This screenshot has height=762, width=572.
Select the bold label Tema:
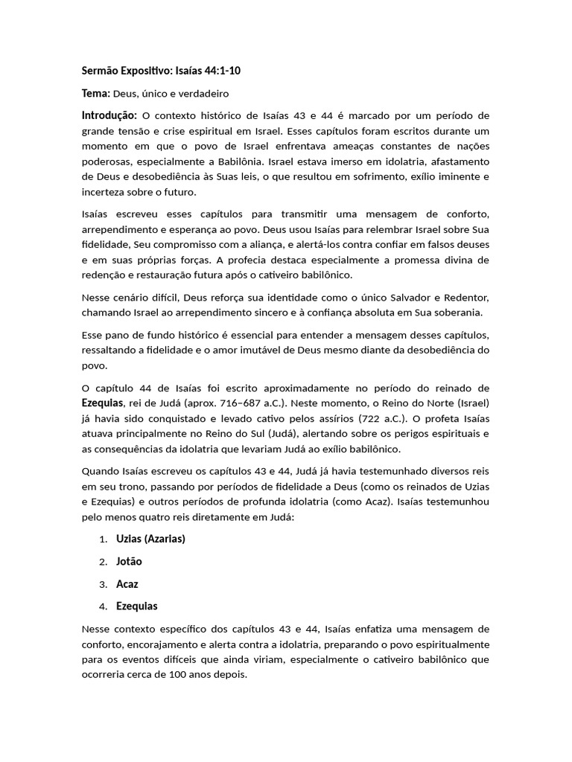[x=95, y=94]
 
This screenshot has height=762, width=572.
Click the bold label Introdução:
[x=109, y=115]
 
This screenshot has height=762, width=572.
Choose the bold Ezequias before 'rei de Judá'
[x=102, y=403]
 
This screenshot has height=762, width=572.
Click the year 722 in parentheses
[x=373, y=417]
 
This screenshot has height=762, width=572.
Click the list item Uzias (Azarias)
[x=150, y=539]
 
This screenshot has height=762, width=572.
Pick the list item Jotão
[x=129, y=561]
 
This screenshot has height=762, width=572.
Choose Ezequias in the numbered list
[x=137, y=606]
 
